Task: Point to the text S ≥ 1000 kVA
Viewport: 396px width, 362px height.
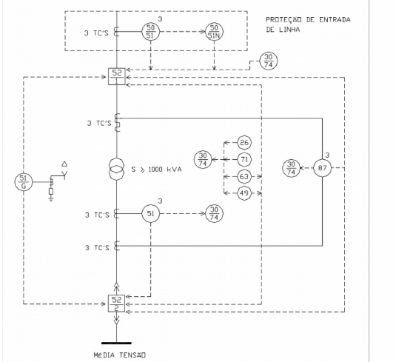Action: (156, 170)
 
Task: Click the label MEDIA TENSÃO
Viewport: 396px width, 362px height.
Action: (119, 355)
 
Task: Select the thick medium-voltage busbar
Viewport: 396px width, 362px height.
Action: (116, 343)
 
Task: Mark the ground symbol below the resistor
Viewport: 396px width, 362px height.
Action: (51, 200)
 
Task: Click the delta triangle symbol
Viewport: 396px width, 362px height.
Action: (64, 164)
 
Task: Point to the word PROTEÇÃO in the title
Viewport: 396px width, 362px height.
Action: (283, 20)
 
